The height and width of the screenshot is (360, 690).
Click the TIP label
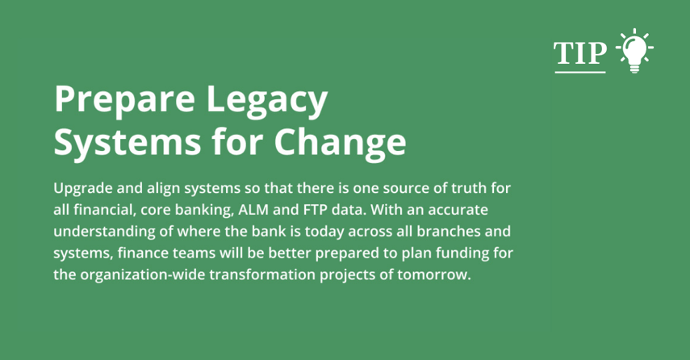click(x=579, y=52)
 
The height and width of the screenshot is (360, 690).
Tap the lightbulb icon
click(x=634, y=51)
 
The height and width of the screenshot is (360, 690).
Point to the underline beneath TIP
click(x=579, y=72)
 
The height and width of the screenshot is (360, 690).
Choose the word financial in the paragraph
click(x=104, y=210)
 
